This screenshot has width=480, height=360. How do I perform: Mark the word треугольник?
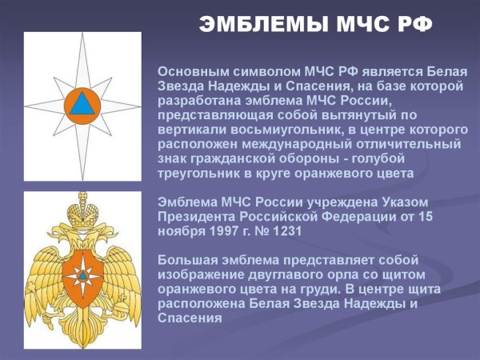(201, 173)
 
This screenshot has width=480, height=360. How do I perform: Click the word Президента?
(197, 216)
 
